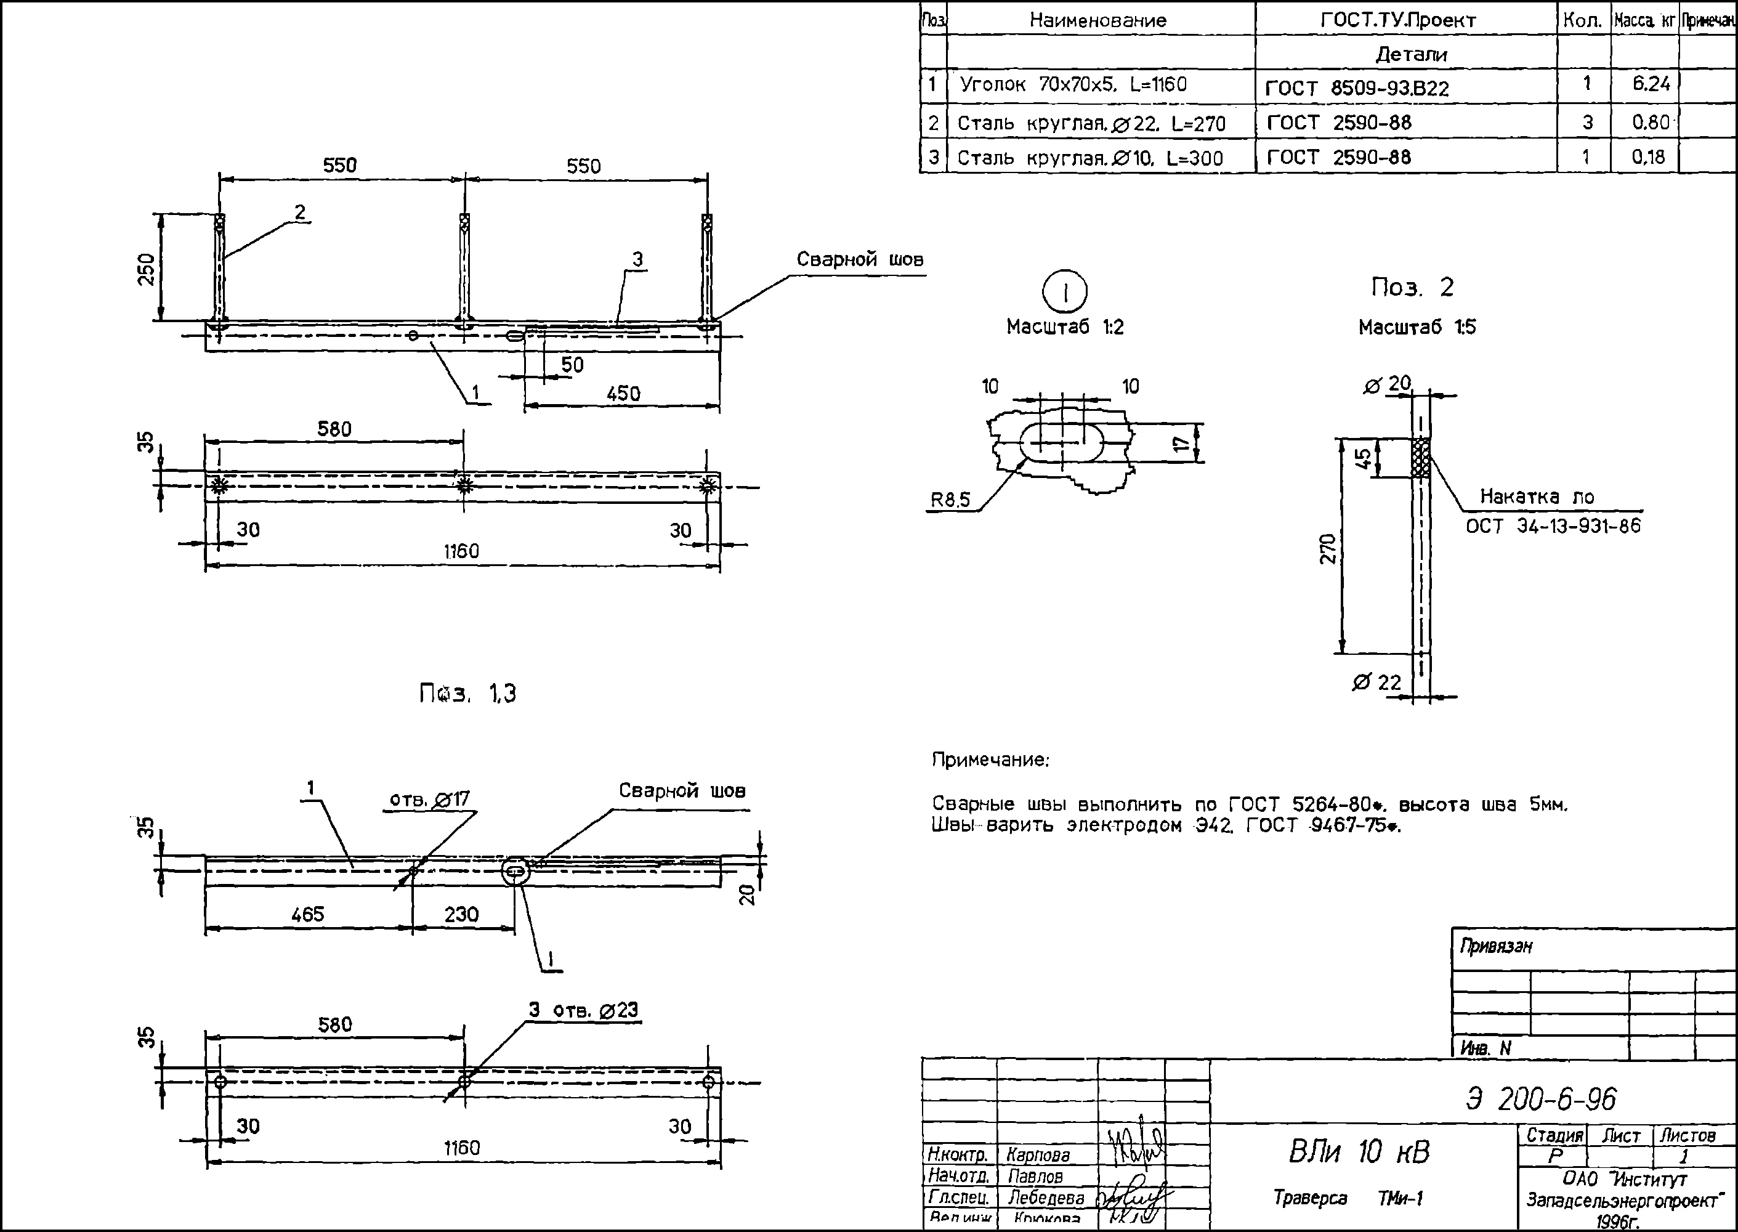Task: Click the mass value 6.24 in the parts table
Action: pos(1651,84)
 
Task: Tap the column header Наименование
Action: pos(1097,20)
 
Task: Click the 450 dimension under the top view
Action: pos(623,393)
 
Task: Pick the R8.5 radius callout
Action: pos(950,500)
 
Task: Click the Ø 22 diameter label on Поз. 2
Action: pos(1376,682)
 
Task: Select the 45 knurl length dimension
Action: pos(1363,458)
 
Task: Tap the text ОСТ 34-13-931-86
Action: pos(1553,525)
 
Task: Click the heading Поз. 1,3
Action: pos(468,694)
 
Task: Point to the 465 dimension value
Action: pos(307,914)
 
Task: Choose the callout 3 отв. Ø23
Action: pos(583,1010)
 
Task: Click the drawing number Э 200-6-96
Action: pos(1541,1098)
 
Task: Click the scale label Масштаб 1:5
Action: pos(1417,328)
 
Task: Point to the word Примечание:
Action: pos(990,760)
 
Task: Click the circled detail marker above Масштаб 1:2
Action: pos(1065,292)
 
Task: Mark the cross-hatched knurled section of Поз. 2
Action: pos(1420,458)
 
